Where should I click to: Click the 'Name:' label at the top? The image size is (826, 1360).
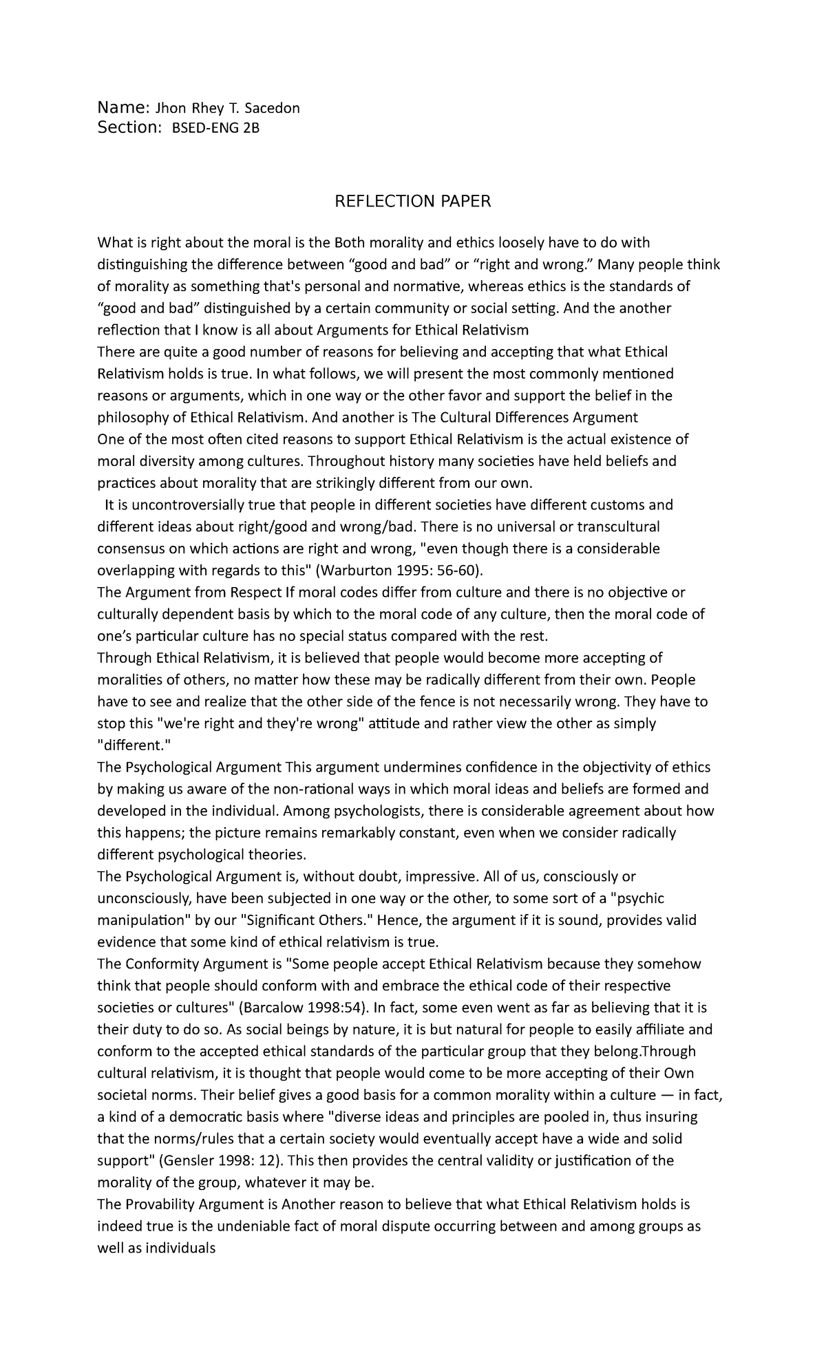[x=123, y=107]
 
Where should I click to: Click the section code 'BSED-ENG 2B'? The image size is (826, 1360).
[x=215, y=128]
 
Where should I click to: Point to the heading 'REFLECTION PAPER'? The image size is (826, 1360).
[x=412, y=201]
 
